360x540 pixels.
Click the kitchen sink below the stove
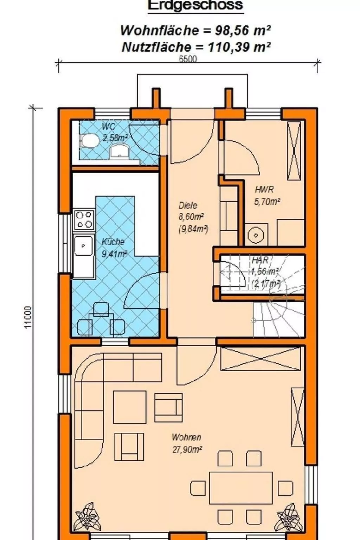[83, 246]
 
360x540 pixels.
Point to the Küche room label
[113, 242]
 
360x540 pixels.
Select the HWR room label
[264, 190]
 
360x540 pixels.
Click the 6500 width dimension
[188, 59]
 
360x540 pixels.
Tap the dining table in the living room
[241, 488]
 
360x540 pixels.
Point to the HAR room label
[260, 260]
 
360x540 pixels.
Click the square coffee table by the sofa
[129, 407]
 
